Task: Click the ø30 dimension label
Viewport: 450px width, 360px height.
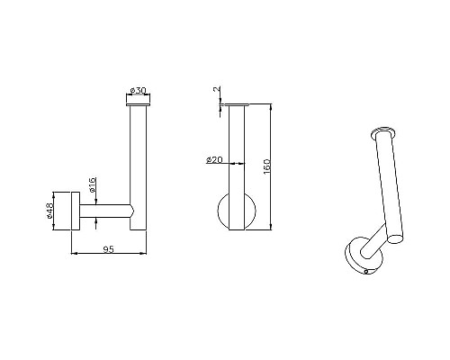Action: tap(138, 90)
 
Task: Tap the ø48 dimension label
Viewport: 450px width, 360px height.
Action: tap(49, 211)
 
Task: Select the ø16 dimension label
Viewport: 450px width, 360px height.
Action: tap(93, 185)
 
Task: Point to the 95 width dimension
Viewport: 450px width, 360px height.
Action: tap(109, 249)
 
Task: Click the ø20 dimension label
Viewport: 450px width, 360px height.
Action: tap(214, 160)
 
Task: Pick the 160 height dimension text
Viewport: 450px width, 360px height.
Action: tap(266, 167)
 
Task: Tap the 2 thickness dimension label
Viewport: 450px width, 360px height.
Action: tap(217, 89)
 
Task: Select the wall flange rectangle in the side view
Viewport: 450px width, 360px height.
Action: tap(76, 211)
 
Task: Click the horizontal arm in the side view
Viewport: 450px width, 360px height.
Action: tap(106, 211)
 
